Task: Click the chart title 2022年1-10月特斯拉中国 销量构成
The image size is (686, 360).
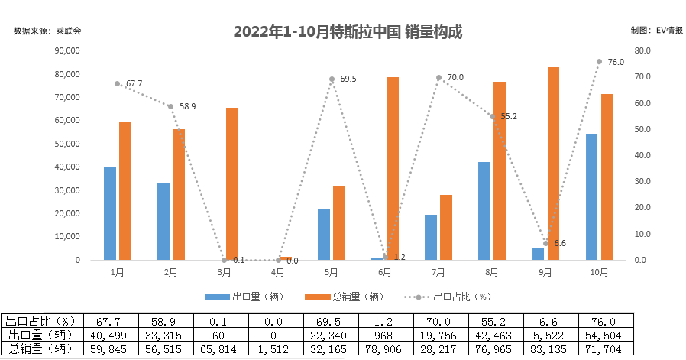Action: point(348,32)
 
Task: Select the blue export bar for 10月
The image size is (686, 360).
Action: point(591,197)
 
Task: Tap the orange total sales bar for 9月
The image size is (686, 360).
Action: point(553,164)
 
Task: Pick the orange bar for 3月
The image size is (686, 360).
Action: point(231,183)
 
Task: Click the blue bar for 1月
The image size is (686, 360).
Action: point(110,213)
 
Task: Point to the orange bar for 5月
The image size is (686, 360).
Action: point(339,222)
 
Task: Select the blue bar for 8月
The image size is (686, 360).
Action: point(484,211)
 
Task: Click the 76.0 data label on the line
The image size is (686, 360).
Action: point(616,62)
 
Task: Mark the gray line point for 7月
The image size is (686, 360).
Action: point(438,77)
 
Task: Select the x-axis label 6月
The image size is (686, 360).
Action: point(385,271)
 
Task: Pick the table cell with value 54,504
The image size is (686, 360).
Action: point(604,336)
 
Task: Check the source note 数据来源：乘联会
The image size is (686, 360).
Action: point(47,31)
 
